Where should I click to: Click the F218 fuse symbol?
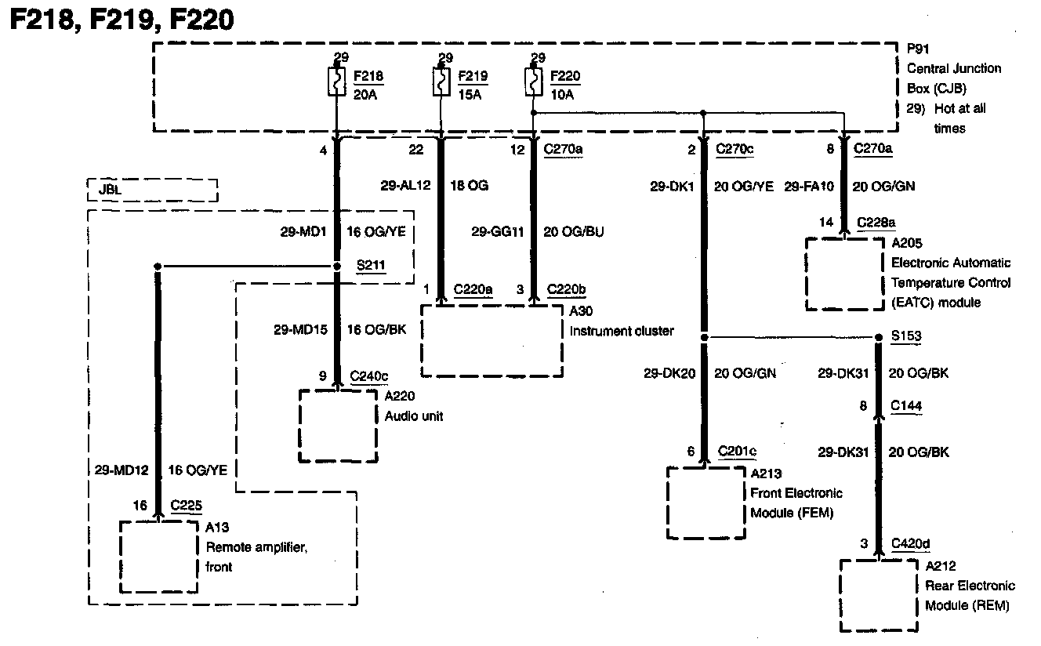(x=337, y=82)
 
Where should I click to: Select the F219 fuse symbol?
(x=441, y=82)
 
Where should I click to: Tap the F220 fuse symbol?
(x=533, y=82)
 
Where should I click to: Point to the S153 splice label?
(x=906, y=336)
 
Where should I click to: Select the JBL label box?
(x=152, y=191)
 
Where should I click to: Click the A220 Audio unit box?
(x=338, y=426)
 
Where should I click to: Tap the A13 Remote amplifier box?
(x=158, y=557)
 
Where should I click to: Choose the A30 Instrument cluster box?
(x=492, y=340)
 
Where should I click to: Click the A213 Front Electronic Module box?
(x=705, y=503)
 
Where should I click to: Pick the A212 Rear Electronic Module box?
(x=879, y=595)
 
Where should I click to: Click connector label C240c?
(x=369, y=376)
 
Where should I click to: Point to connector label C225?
(x=186, y=506)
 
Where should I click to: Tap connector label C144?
(x=906, y=406)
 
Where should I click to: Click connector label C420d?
(x=910, y=543)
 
